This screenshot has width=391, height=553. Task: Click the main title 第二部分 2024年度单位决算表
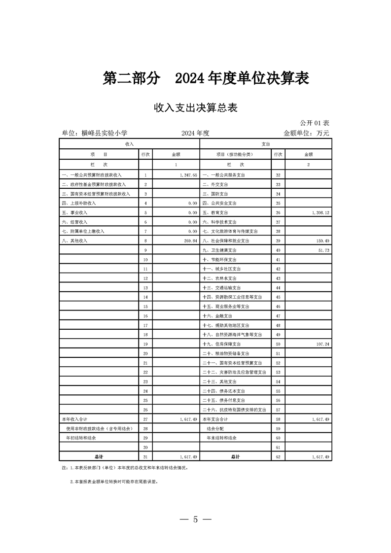pos(206,78)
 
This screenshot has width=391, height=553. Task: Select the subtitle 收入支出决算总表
pos(196,108)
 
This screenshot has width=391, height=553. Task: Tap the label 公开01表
pos(314,122)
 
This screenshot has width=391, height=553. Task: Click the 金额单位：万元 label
pos(306,133)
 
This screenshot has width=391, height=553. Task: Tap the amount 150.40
pos(323,241)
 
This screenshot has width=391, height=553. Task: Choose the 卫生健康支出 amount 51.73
pos(324,250)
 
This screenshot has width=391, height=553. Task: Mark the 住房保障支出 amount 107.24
pos(323,344)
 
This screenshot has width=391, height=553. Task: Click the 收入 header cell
pos(130,143)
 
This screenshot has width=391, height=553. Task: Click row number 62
pos(278,457)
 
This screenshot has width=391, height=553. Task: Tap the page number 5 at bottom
pos(196,519)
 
